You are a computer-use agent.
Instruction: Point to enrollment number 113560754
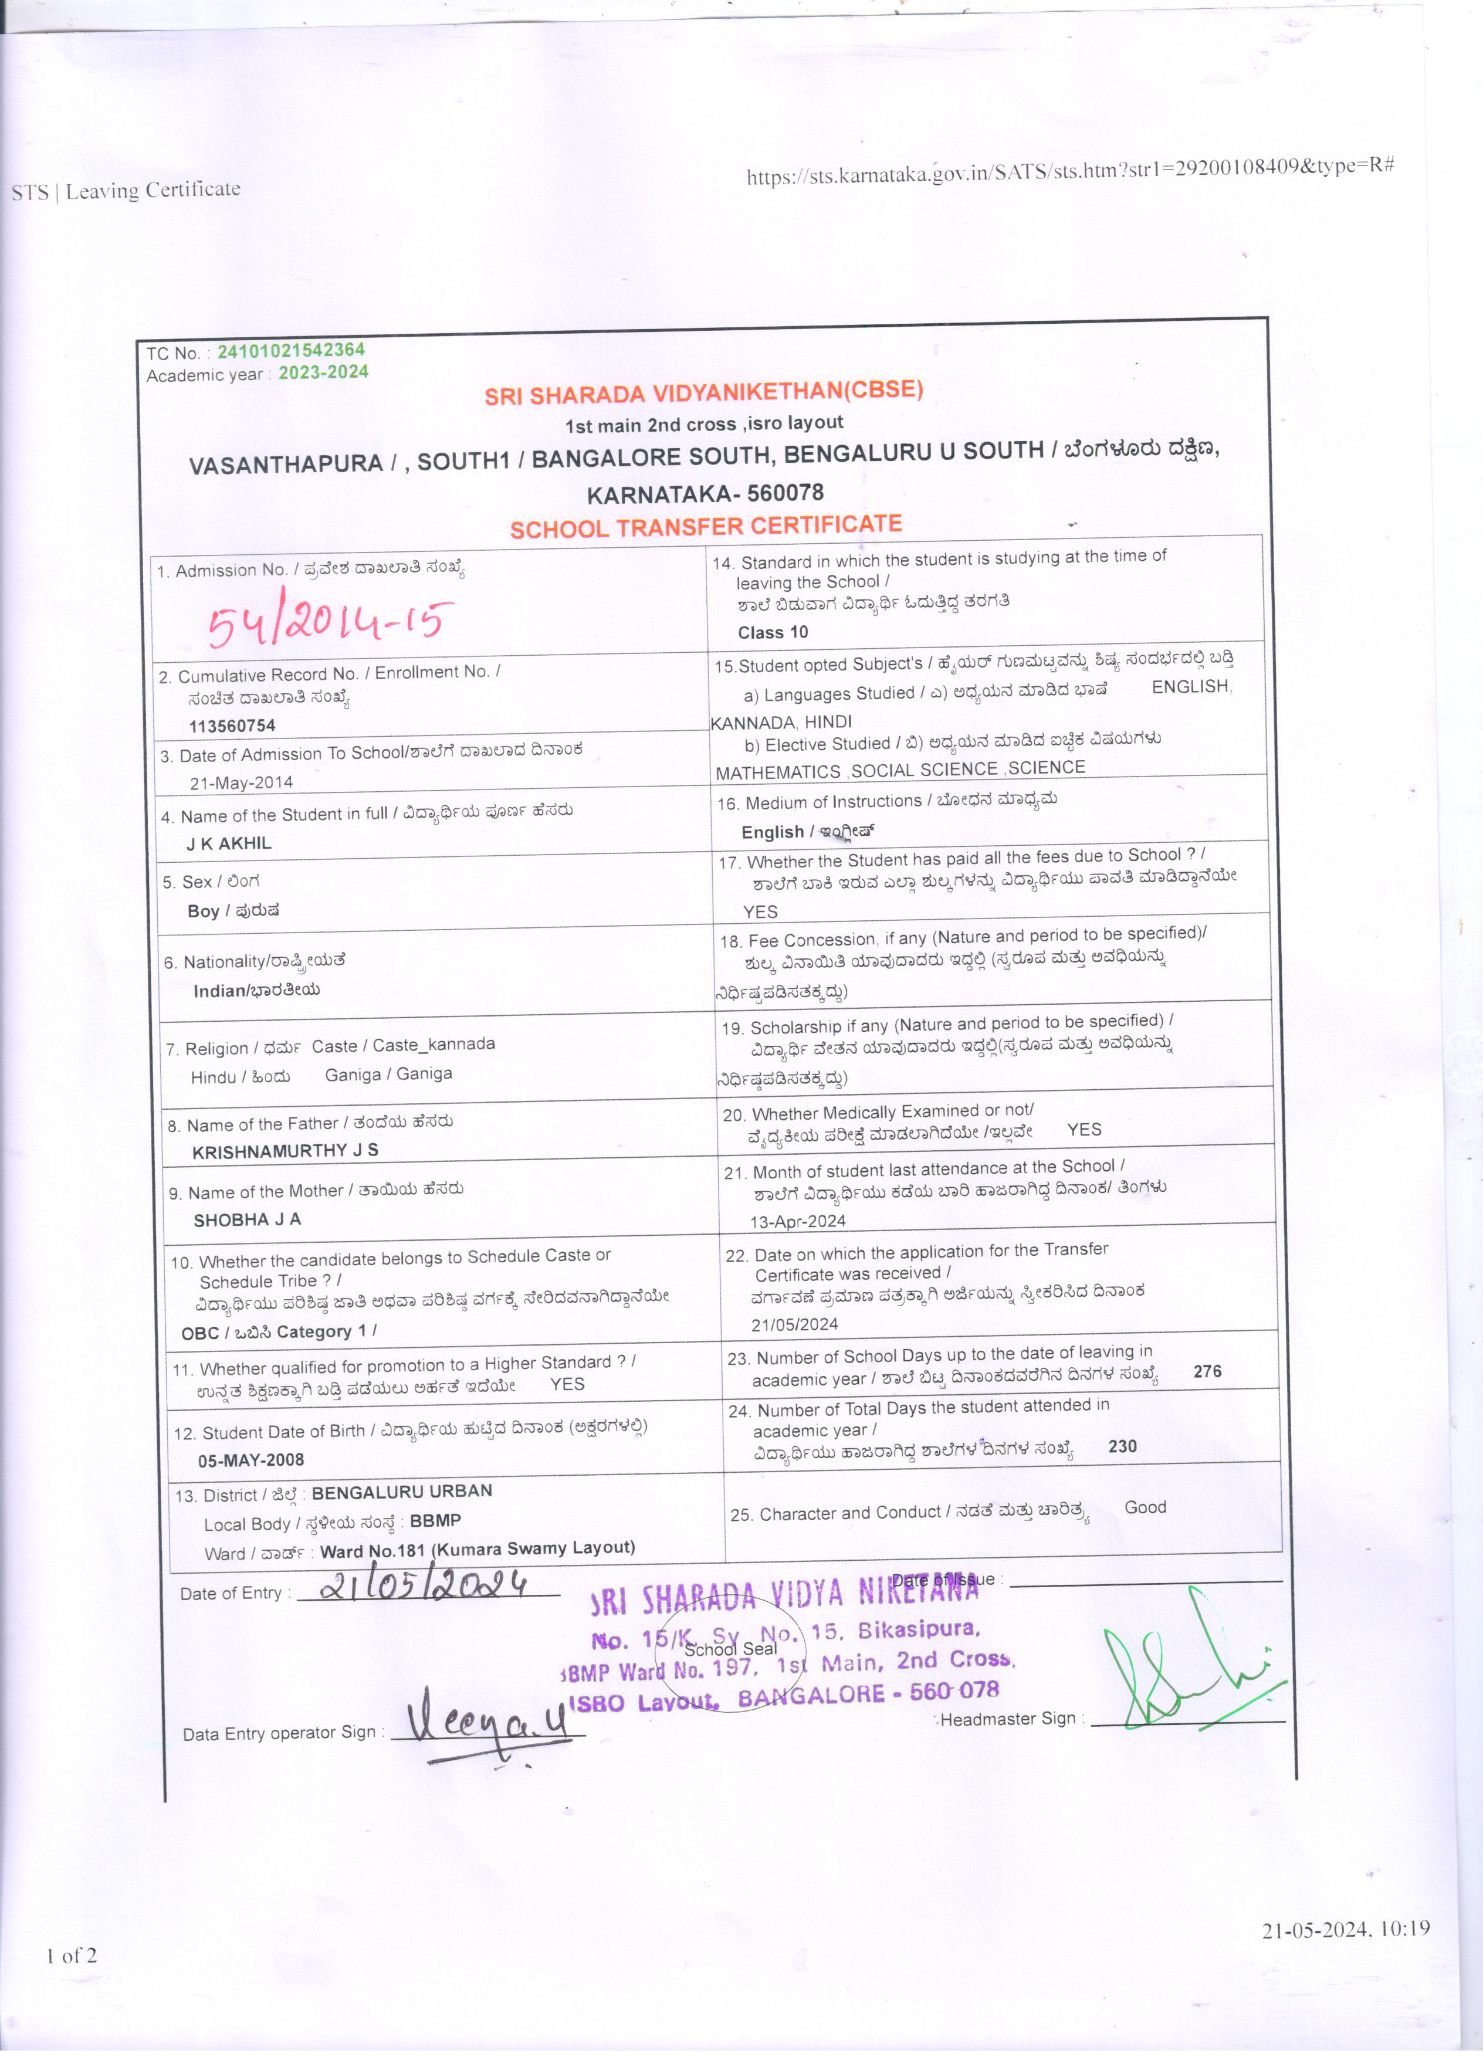coord(232,726)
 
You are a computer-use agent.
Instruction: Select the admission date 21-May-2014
coord(241,782)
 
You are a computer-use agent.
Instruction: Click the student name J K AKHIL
coord(229,843)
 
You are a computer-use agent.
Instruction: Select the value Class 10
coord(773,632)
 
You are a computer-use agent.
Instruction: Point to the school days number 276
coord(1207,1371)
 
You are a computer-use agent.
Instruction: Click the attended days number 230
coord(1122,1446)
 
